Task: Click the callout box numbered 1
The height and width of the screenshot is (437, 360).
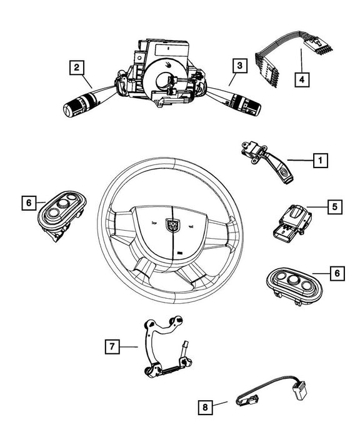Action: (319, 161)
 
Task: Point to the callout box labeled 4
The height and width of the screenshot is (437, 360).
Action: (302, 79)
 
